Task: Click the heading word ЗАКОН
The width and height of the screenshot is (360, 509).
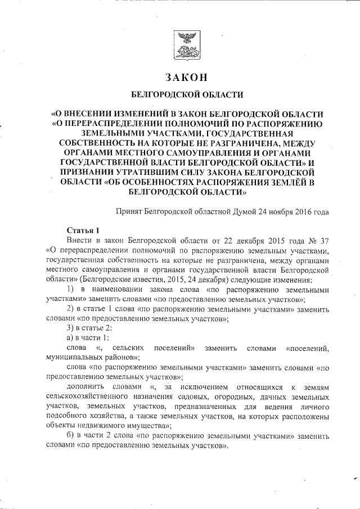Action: click(186, 76)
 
